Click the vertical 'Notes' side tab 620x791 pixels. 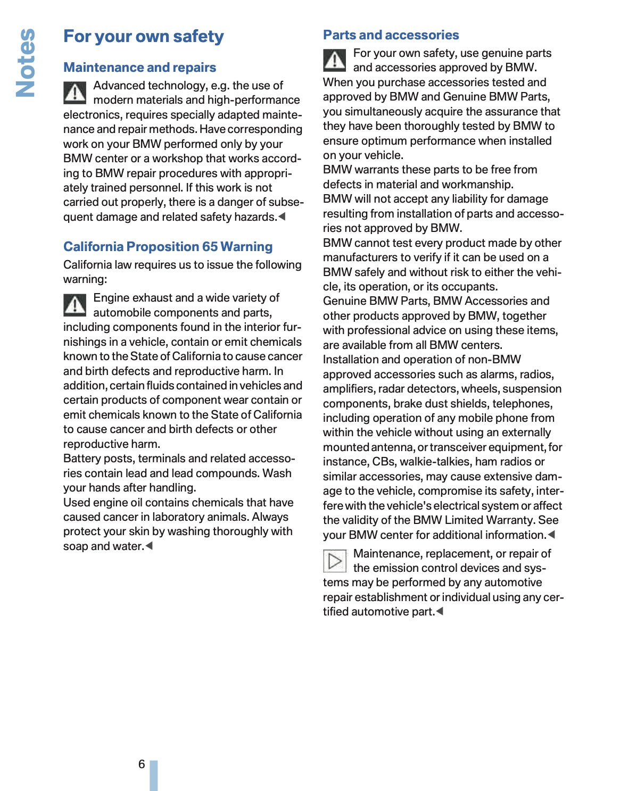pyautogui.click(x=26, y=63)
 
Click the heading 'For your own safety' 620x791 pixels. pyautogui.click(x=143, y=36)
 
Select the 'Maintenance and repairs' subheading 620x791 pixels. pyautogui.click(x=139, y=68)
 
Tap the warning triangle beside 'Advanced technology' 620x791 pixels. pyautogui.click(x=75, y=93)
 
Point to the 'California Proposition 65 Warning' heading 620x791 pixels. pyautogui.click(x=168, y=247)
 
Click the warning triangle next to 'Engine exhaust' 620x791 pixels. pyautogui.click(x=75, y=305)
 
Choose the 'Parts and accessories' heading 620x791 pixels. pyautogui.click(x=391, y=35)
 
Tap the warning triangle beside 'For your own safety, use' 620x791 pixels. pyautogui.click(x=335, y=60)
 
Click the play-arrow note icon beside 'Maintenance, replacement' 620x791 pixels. pyautogui.click(x=335, y=561)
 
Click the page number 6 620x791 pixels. pyautogui.click(x=142, y=764)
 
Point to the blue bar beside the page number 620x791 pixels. pyautogui.click(x=154, y=776)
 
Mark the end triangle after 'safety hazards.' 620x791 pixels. pyautogui.click(x=282, y=217)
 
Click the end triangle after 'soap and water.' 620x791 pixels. pyautogui.click(x=149, y=546)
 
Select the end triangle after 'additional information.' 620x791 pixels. pyautogui.click(x=551, y=535)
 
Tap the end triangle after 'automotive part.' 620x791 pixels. pyautogui.click(x=440, y=612)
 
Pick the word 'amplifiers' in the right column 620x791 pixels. pyautogui.click(x=349, y=389)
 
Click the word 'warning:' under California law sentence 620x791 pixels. pyautogui.click(x=85, y=279)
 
